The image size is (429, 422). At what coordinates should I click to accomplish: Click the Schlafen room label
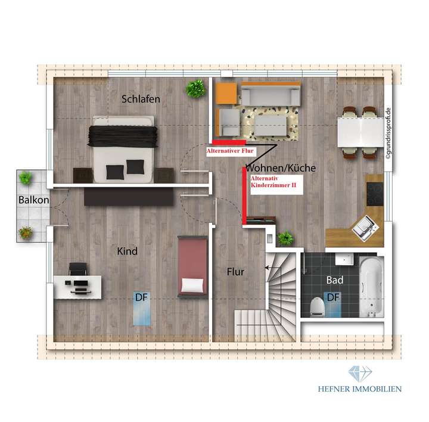(x=141, y=99)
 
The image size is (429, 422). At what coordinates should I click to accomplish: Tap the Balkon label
(x=33, y=200)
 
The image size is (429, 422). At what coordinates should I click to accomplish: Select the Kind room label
(x=128, y=252)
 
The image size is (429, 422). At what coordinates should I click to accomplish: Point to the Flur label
(x=236, y=271)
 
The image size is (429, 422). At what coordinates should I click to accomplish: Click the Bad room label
(x=334, y=279)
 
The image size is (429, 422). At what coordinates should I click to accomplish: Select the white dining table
(x=357, y=131)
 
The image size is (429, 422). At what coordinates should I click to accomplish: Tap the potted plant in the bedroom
(x=194, y=89)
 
